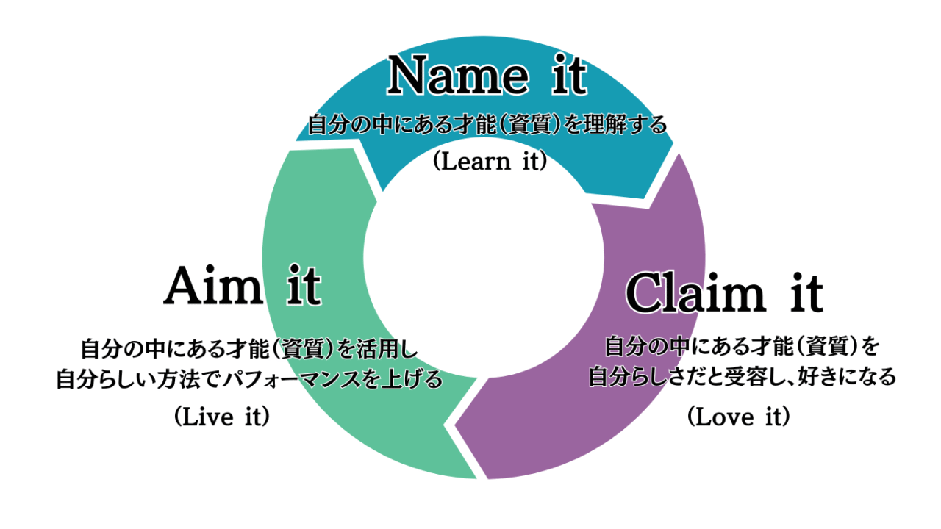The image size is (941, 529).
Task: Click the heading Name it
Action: tap(487, 76)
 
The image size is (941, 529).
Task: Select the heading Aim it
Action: tap(243, 287)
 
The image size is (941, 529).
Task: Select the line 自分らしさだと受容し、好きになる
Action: tap(743, 378)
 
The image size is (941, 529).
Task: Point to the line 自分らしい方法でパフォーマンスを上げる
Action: tap(249, 379)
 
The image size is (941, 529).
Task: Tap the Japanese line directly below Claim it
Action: tap(743, 345)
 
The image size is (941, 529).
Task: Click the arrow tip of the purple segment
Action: tap(456, 425)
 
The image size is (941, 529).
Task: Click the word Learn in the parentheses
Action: tap(470, 162)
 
